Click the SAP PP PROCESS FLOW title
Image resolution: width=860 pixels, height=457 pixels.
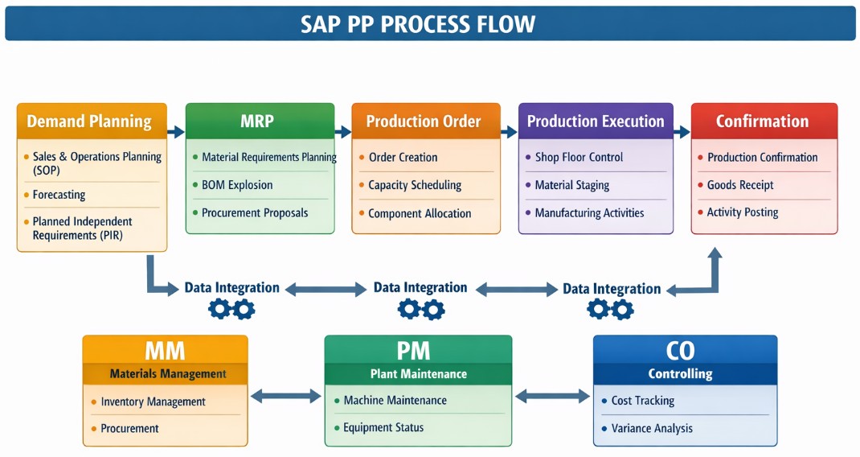418,23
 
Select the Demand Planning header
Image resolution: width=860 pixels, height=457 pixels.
89,121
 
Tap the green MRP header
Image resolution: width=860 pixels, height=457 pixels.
257,121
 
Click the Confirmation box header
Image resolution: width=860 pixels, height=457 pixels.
762,121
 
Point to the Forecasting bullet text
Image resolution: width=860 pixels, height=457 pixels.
59,195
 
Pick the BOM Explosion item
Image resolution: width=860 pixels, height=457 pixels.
237,185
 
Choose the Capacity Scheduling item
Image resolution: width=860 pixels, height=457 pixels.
415,185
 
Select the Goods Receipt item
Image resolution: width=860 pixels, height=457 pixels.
740,185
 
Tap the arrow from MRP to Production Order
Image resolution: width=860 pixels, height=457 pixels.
343,131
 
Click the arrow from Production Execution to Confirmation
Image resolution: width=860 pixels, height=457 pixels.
682,131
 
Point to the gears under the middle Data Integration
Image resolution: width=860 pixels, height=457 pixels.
421,308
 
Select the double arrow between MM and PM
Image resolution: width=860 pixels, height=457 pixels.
285,396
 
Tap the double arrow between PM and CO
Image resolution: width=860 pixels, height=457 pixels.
551,396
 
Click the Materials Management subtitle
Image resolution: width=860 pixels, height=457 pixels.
168,373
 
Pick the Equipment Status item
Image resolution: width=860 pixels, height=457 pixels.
383,427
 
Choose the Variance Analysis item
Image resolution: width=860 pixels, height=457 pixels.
652,428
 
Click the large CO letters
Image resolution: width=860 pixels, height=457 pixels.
680,351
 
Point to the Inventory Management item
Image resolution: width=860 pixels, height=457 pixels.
153,401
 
